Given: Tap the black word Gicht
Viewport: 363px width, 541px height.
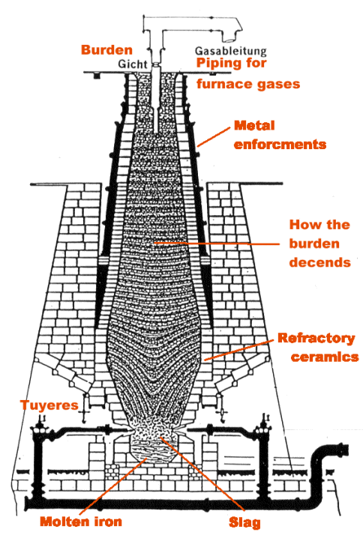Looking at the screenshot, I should click(x=133, y=65).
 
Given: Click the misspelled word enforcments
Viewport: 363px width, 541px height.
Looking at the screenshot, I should click(x=279, y=143).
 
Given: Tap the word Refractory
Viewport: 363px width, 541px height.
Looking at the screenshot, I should click(x=315, y=338).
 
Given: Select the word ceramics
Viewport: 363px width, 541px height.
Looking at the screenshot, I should click(x=325, y=357).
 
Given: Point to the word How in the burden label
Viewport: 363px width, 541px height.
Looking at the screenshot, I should click(x=304, y=225).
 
